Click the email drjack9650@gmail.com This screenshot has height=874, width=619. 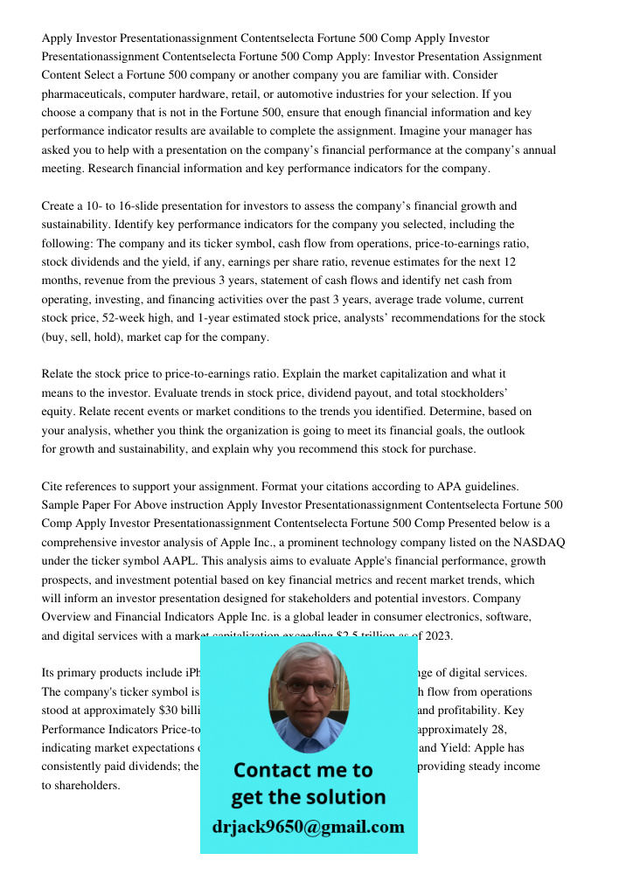(x=309, y=827)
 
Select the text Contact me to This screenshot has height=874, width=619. (x=303, y=770)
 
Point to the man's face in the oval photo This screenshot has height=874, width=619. (x=308, y=691)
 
